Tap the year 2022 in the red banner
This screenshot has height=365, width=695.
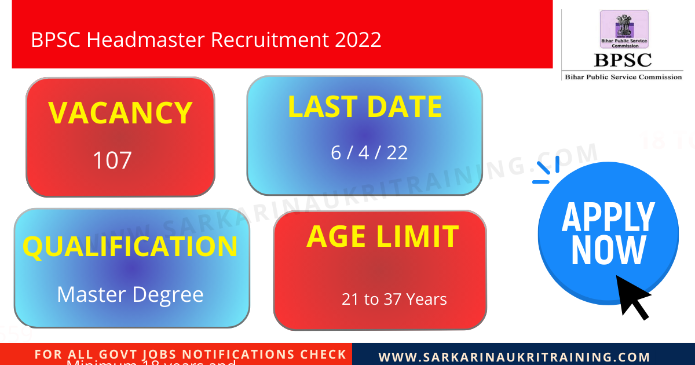coord(357,39)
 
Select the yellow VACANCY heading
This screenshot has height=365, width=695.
coord(120,113)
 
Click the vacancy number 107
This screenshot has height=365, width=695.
coord(112,160)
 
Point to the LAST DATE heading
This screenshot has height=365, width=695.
coord(365,107)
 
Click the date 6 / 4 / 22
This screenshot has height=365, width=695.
coord(370,152)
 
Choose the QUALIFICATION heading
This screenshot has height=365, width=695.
coord(130,246)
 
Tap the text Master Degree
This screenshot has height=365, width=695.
coord(130,294)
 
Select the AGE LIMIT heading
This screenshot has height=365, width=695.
coord(382,236)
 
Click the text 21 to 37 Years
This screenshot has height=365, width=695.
coord(394,300)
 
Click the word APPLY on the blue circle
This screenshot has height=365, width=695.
coord(608,218)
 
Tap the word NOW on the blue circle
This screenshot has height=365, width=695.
coord(608,250)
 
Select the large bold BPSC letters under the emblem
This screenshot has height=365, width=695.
coord(623,60)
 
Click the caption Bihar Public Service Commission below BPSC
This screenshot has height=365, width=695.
coord(623,77)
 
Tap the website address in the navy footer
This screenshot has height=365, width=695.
coord(514,357)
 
